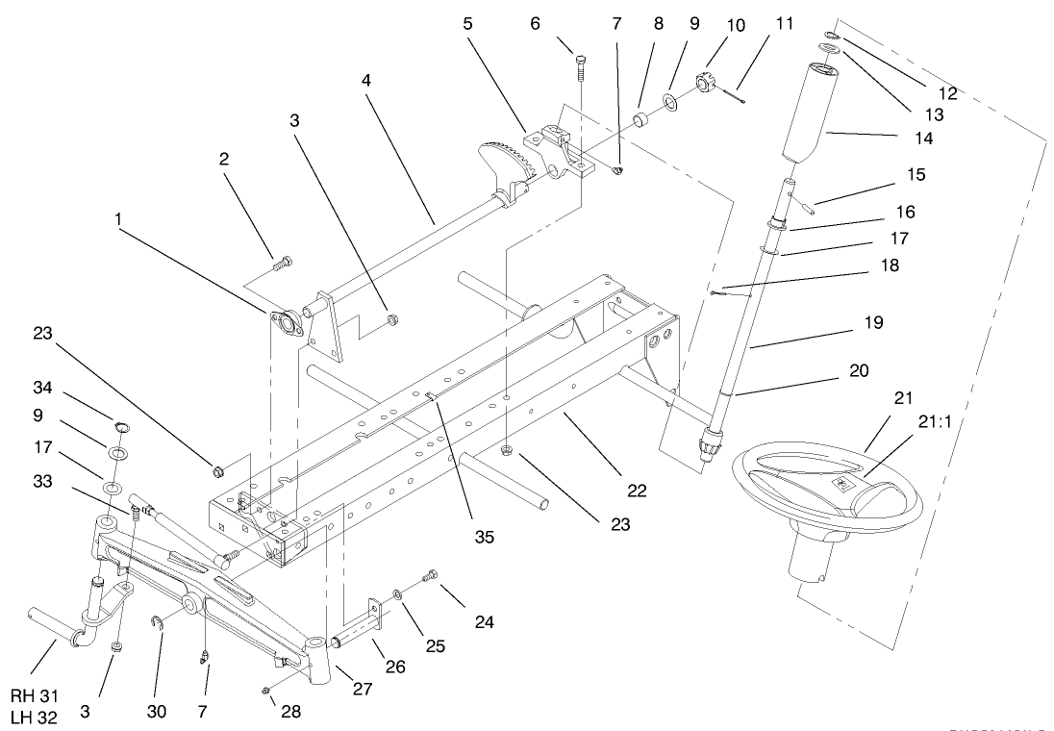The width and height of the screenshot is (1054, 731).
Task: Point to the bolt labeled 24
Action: coord(430,576)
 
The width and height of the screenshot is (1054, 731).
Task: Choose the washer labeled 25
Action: coord(397,599)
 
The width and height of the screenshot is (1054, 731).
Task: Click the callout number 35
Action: coord(484,535)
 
